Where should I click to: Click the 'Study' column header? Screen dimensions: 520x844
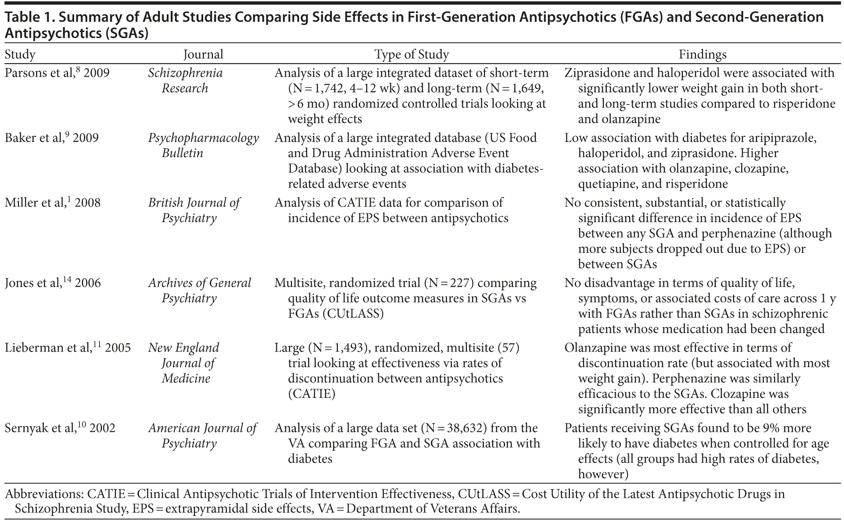[x=20, y=54]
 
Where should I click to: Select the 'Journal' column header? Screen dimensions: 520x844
[x=203, y=54]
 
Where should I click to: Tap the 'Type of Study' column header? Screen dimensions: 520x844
[x=412, y=54]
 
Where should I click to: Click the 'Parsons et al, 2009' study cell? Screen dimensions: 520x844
[x=57, y=73]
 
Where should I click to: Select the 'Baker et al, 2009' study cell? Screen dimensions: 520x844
[x=52, y=137]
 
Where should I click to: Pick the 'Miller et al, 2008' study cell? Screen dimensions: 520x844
[x=52, y=202]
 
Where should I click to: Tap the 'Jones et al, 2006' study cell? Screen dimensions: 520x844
[x=52, y=283]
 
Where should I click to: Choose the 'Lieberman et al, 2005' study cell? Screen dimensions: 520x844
[x=68, y=348]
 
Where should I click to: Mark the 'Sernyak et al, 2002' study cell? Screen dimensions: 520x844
[x=60, y=428]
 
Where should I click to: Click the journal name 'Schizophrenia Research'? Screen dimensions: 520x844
[x=185, y=81]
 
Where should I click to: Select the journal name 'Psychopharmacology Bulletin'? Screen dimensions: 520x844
[x=203, y=145]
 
